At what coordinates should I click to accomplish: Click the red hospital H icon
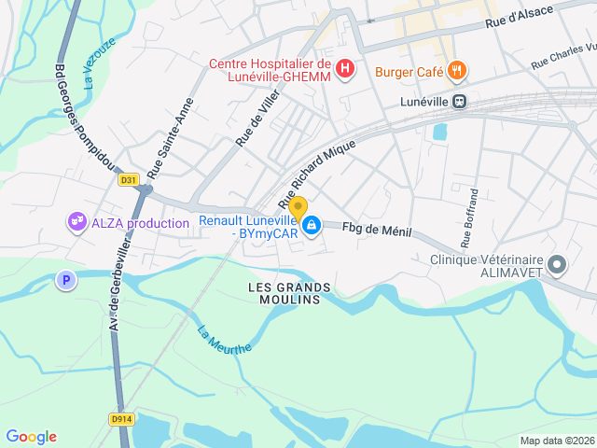click(x=345, y=69)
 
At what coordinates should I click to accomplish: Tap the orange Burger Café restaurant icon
click(x=456, y=70)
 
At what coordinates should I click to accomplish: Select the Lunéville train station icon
click(x=459, y=101)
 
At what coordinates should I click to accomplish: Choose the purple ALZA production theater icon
click(x=76, y=222)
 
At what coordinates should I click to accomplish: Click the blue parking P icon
click(x=64, y=279)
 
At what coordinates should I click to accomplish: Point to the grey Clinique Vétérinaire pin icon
click(x=557, y=265)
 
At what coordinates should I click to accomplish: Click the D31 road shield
click(x=129, y=180)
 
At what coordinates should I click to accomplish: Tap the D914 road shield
click(x=120, y=418)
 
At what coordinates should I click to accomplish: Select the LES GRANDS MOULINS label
click(x=285, y=292)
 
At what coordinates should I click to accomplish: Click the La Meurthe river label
click(x=224, y=339)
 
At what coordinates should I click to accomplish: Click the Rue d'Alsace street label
click(x=519, y=16)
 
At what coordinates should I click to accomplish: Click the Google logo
click(x=31, y=437)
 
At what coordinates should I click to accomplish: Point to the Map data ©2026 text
click(x=556, y=441)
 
